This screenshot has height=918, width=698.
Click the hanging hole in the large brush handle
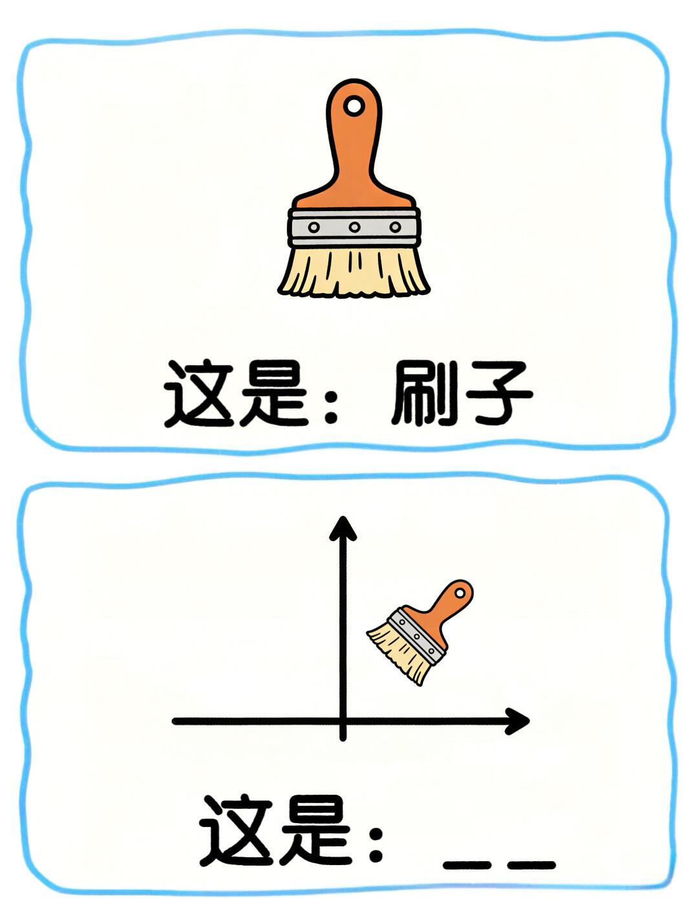tap(354, 105)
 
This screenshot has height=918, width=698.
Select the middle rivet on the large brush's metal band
tap(354, 227)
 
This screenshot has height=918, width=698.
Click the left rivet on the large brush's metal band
tap(314, 227)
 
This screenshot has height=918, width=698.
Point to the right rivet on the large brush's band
tap(395, 227)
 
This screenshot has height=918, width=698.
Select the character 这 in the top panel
tap(199, 394)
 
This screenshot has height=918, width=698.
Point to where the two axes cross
tap(343, 720)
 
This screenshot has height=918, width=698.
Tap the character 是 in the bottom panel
tap(313, 831)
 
